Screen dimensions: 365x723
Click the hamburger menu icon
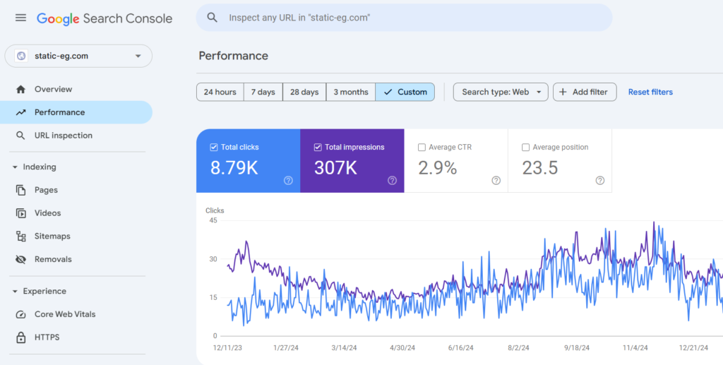[21, 18]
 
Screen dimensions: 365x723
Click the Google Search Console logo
[104, 18]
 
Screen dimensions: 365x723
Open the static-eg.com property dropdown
[78, 56]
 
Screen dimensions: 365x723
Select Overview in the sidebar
[53, 89]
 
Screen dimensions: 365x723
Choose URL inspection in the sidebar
[63, 136]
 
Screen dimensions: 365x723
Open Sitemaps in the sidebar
[52, 236]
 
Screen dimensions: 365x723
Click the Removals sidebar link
[53, 259]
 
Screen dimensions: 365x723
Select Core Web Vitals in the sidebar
[65, 314]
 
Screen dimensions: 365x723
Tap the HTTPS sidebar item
[47, 337]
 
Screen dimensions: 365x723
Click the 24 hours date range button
[220, 92]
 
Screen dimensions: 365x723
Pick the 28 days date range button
[304, 92]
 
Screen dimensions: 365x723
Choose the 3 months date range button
[350, 92]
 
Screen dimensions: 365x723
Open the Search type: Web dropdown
[500, 92]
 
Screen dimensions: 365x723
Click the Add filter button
[585, 92]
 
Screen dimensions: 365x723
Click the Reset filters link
[650, 92]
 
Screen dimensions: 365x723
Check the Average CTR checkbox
[422, 148]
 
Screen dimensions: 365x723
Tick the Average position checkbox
[526, 148]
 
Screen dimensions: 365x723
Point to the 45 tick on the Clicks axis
[213, 220]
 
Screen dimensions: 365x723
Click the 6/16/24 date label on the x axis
[460, 348]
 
